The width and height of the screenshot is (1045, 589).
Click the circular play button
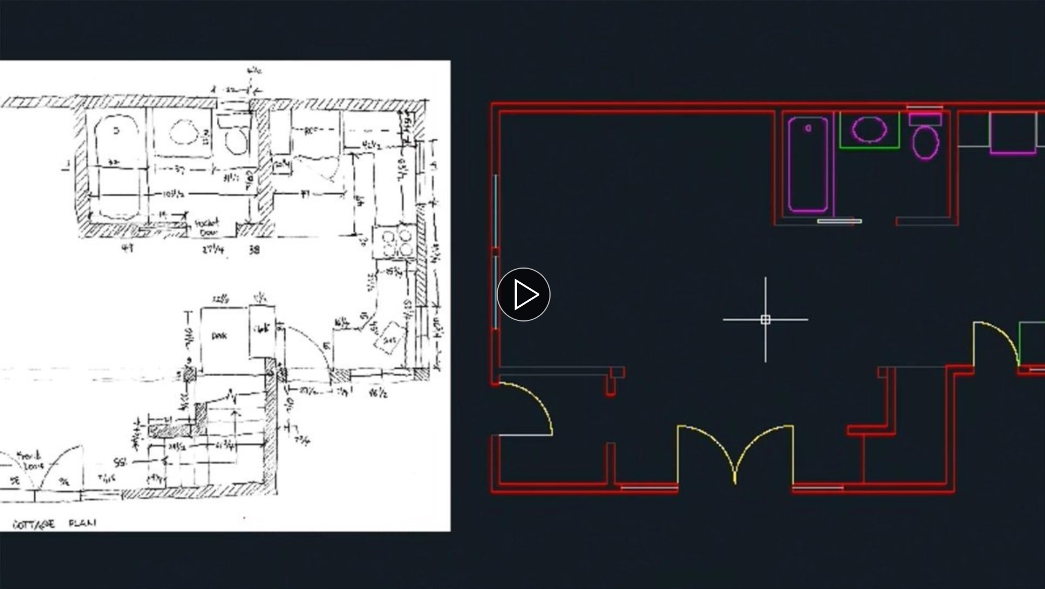coord(523,294)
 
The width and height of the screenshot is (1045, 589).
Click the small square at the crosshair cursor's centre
coord(765,320)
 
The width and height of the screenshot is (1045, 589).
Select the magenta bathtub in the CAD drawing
coord(808,164)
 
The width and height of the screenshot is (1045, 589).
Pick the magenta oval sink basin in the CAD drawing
coord(869,129)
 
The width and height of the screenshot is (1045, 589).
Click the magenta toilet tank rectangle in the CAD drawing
coord(925,119)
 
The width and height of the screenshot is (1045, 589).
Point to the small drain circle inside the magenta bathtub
coord(808,128)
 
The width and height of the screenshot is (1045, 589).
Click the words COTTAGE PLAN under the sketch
coord(54,524)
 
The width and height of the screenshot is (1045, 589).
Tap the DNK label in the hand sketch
coord(219,336)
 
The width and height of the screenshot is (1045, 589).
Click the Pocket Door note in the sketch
coord(207,227)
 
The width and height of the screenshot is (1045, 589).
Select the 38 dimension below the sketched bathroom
coord(254,250)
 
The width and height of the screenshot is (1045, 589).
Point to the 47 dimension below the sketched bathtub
coord(128,248)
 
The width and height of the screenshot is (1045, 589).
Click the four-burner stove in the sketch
coord(396,242)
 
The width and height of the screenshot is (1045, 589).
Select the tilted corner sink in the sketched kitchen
coord(389,338)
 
